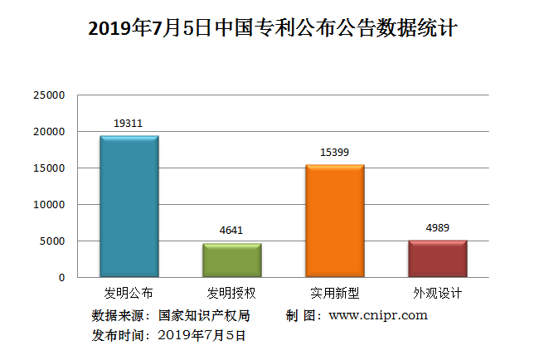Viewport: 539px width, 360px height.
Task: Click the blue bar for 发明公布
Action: [129, 207]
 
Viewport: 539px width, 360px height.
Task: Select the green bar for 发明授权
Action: [232, 260]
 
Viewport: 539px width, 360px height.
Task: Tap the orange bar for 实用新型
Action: [335, 221]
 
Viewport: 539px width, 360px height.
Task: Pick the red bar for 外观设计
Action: [438, 259]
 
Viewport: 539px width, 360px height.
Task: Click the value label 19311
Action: [129, 124]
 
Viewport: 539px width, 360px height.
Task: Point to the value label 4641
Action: [232, 231]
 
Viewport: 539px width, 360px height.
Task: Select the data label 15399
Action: [335, 153]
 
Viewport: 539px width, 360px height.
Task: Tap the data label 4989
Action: [438, 228]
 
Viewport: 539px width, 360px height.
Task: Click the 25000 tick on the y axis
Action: [49, 95]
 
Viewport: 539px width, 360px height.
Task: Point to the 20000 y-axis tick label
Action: [49, 132]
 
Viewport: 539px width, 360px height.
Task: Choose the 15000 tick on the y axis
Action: [49, 168]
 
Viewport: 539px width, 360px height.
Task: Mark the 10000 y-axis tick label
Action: [49, 205]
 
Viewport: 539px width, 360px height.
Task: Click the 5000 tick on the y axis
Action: [52, 241]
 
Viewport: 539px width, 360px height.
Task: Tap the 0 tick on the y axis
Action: [61, 278]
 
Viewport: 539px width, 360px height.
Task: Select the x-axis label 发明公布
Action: [129, 294]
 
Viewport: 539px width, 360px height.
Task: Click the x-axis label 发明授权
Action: [232, 294]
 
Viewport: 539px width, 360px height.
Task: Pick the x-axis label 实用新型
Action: [335, 294]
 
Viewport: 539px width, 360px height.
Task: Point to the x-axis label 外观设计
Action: [438, 294]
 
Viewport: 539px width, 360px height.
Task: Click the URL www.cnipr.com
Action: [378, 315]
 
